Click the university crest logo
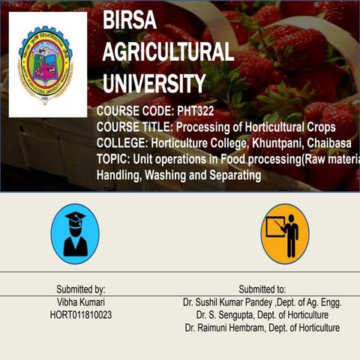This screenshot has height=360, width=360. point(47,64)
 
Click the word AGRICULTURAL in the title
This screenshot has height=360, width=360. point(168,52)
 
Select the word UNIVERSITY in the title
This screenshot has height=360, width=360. point(154,83)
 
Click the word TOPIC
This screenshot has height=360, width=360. point(111,160)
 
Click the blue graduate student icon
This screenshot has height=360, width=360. point(75,234)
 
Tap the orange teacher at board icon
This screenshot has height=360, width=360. point(285,234)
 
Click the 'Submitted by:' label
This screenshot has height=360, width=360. point(81,289)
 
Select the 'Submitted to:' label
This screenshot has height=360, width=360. point(262,289)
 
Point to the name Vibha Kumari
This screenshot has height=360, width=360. point(81,302)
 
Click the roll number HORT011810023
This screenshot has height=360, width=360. point(81,315)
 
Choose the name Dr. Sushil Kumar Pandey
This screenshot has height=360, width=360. point(229,302)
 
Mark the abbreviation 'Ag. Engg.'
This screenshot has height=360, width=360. point(323,302)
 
